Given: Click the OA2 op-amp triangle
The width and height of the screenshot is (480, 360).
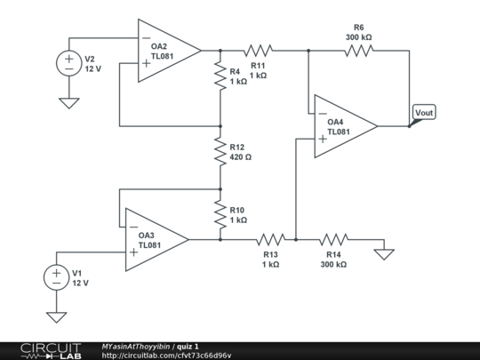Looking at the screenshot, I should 167,51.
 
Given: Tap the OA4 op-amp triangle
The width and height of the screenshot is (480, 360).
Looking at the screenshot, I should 343,126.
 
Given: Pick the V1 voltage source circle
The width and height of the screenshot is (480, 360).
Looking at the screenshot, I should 56,277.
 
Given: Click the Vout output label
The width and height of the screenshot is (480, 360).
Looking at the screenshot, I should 425,113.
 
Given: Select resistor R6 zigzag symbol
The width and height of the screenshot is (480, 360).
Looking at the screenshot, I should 359,51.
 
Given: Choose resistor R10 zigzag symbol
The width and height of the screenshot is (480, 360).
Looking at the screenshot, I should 220,214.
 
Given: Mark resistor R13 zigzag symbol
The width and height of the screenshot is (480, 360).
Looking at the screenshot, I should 270,239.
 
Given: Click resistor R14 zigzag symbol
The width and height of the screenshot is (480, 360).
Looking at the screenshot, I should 333,239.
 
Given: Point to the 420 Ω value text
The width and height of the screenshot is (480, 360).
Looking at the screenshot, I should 241,156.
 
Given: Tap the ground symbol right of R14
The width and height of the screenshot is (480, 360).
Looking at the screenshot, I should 384,253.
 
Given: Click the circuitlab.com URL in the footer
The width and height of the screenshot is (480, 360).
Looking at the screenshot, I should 166,356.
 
